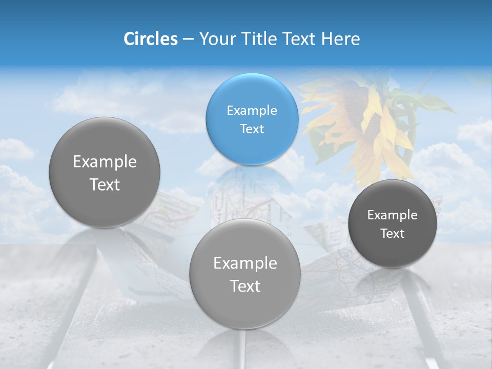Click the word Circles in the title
click(x=150, y=39)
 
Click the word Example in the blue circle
click(x=252, y=110)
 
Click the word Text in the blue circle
click(x=252, y=129)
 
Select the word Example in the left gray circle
click(x=105, y=162)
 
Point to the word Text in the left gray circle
click(x=105, y=184)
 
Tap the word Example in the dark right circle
click(x=393, y=215)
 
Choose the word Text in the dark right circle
click(x=393, y=234)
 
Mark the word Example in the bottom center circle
click(x=245, y=263)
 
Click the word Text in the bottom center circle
click(x=245, y=286)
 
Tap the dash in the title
click(x=188, y=39)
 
